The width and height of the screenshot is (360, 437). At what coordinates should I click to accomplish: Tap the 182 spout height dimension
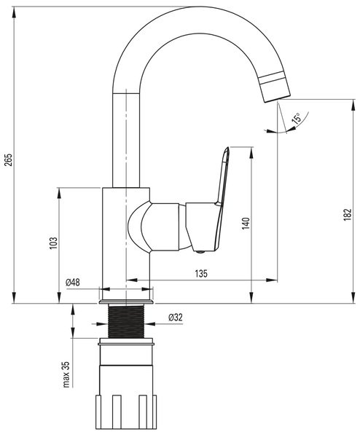(347, 215)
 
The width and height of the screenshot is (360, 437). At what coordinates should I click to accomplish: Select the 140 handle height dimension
(246, 224)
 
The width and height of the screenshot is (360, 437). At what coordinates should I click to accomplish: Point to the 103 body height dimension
(53, 243)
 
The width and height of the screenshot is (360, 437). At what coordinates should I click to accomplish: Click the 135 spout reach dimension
(201, 274)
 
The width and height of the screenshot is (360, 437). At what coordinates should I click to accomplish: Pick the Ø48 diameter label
(72, 283)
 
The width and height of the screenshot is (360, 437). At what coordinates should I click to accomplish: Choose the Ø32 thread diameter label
(176, 317)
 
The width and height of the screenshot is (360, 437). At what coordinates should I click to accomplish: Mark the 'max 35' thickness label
(66, 374)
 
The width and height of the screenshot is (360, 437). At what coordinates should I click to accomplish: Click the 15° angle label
(296, 118)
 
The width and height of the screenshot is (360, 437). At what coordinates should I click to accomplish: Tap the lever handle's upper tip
(228, 147)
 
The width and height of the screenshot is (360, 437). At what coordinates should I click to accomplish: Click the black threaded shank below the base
(126, 321)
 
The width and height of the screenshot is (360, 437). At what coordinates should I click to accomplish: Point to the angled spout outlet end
(277, 100)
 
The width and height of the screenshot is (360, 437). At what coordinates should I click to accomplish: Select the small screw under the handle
(200, 252)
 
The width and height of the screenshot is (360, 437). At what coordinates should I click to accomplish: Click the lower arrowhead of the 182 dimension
(353, 297)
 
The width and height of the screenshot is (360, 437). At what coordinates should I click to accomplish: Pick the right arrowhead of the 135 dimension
(272, 280)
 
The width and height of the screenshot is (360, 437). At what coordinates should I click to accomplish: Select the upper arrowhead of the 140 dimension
(252, 152)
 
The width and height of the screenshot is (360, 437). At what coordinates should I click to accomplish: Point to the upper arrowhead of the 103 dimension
(59, 193)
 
